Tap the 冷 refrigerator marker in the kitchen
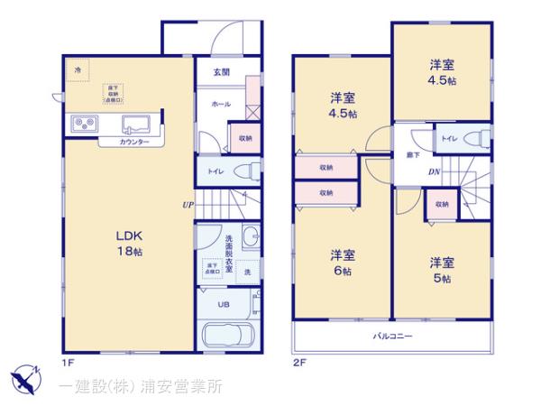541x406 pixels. [x=78, y=69]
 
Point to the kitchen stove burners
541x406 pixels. [x=82, y=125]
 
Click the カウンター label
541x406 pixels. [x=133, y=143]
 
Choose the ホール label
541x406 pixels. [x=220, y=105]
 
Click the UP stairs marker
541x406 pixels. [x=188, y=204]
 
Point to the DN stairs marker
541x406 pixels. [x=432, y=173]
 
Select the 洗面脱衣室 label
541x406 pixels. [x=229, y=254]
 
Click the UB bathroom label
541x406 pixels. [x=224, y=304]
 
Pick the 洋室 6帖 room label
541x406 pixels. [x=342, y=261]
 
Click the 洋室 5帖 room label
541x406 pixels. [x=441, y=270]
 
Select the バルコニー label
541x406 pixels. [x=393, y=337]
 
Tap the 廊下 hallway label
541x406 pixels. [x=411, y=153]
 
